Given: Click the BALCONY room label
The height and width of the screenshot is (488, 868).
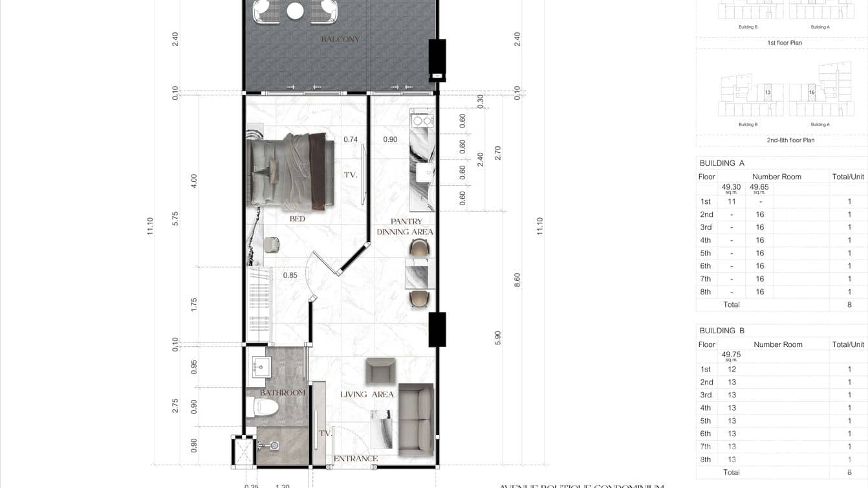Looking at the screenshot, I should pos(340,39).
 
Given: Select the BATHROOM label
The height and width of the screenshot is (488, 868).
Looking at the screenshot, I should pos(283,393).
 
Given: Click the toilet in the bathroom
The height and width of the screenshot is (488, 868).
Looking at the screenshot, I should pos(264,408).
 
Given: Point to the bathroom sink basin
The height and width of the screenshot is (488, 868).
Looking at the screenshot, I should pos(261,367).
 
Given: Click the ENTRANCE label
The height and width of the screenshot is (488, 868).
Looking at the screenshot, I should pos(355,458).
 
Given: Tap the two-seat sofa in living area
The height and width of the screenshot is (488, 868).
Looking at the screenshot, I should pos(415,419).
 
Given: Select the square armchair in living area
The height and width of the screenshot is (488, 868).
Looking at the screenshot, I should pos(380,371).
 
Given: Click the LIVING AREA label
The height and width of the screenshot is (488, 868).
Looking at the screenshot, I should pos(367,394).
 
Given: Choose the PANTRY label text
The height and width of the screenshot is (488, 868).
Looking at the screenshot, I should pos(406,221).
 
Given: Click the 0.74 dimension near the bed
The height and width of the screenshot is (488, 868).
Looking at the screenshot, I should pos(351,139).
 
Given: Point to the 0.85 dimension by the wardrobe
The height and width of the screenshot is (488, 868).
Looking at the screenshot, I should pos(290,275).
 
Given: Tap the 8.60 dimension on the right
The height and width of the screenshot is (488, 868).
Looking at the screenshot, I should pos(517,280).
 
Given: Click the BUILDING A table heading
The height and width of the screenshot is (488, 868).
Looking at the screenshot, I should pos(722,163).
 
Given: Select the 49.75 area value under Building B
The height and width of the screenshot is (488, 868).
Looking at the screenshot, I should pos(731,355).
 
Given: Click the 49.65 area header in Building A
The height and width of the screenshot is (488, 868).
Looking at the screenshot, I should pos(759,187).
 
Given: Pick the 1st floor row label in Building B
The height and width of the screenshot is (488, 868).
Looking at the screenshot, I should pos(705,369).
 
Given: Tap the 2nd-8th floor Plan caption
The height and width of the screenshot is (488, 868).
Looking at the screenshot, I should pos(790,140).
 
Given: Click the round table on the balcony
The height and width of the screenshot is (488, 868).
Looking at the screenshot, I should pos(296,11).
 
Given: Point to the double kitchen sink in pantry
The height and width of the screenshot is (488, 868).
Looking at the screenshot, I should pos(423,120).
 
